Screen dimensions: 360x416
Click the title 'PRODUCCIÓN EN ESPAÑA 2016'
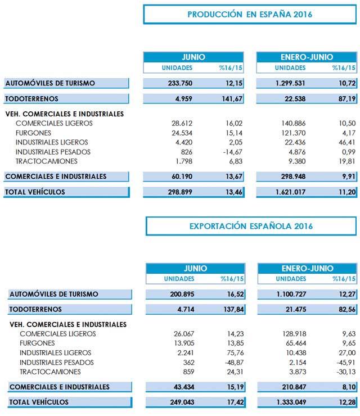(x=250, y=14)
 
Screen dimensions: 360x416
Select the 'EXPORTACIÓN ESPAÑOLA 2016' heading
(x=251, y=226)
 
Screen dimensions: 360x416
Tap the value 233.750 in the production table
(x=180, y=83)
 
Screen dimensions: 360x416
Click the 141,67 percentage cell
(x=232, y=99)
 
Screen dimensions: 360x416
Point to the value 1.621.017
(x=290, y=192)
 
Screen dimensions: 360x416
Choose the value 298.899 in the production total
(x=180, y=192)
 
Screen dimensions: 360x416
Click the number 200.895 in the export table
(x=182, y=294)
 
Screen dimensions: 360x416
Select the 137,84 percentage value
(x=233, y=309)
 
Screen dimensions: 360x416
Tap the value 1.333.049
(x=291, y=402)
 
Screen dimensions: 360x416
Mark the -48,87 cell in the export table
(x=234, y=363)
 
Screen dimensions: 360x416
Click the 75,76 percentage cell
(x=235, y=353)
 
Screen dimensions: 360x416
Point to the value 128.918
(x=294, y=334)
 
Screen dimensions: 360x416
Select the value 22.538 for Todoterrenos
(x=295, y=99)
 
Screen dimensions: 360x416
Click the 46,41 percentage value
(x=346, y=142)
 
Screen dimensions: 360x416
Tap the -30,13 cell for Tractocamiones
(x=346, y=372)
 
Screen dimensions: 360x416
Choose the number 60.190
(x=182, y=177)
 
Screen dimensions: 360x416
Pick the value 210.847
(x=294, y=387)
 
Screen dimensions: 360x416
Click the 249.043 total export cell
(x=182, y=402)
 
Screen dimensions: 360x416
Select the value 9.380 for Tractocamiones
(x=297, y=161)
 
